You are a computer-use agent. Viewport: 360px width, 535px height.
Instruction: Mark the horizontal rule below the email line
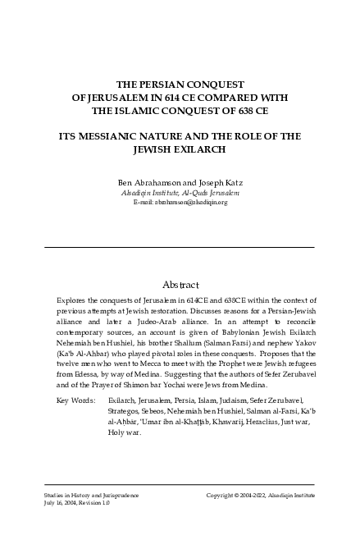pos(180,247)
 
